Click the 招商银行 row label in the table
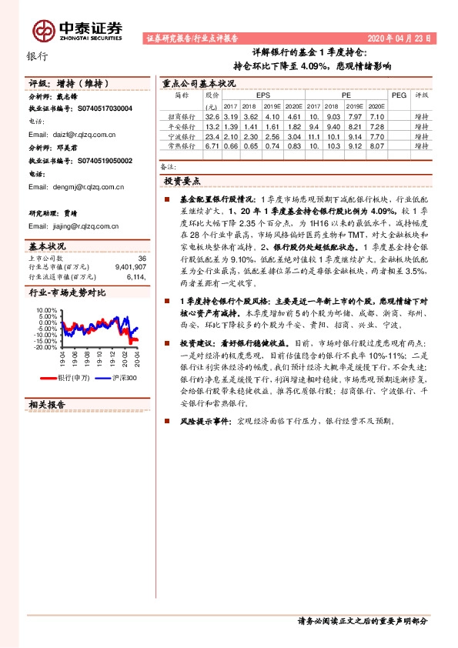tap(182, 115)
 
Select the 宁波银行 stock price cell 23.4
tap(212, 136)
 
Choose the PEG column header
tap(399, 95)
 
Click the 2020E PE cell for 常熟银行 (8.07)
tap(377, 145)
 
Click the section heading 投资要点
tap(182, 181)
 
